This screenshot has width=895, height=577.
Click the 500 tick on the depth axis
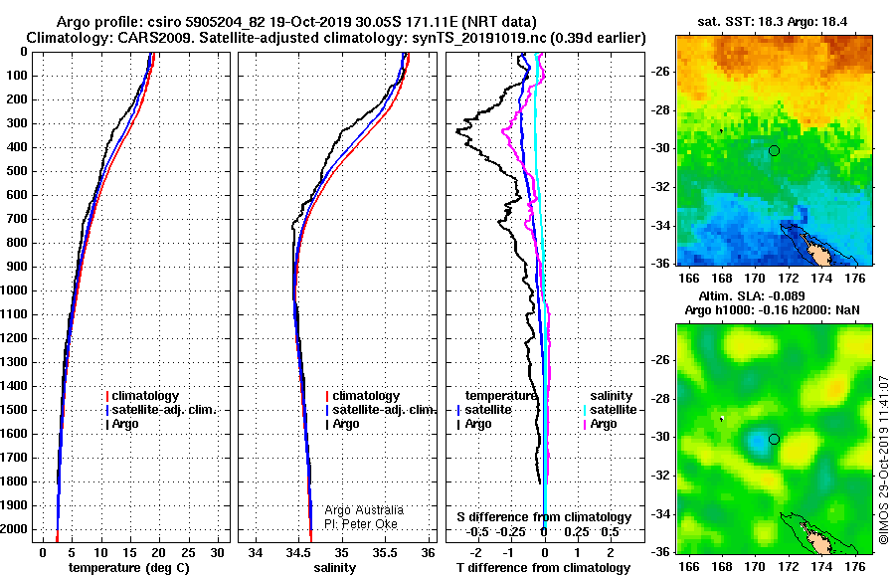pos(17,171)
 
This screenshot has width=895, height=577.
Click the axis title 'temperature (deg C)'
pos(129,568)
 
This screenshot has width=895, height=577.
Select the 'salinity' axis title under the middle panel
pos(334,568)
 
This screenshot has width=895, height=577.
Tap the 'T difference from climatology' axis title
pos(543,568)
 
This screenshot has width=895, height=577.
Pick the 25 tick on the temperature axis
pos(188,553)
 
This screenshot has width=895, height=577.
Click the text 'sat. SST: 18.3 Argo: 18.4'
pos(773,22)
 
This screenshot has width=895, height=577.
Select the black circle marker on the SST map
pos(774,151)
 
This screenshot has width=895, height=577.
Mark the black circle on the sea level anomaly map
pos(774,440)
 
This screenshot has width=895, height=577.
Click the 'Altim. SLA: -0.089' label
pos(752,295)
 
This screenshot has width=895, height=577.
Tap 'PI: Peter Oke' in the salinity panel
pos(361,524)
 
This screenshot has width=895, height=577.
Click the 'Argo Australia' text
pos(364,510)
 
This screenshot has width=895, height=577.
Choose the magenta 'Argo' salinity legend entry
pos(600,424)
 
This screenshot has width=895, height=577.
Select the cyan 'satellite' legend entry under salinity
pos(610,410)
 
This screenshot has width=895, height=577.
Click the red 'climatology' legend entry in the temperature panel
pos(142,396)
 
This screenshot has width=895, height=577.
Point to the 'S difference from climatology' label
pos(544,517)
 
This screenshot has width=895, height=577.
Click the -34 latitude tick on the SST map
pos(661,226)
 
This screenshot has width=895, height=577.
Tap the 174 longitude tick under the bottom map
pos(822,566)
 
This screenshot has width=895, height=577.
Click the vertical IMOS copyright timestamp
pos(884,460)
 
